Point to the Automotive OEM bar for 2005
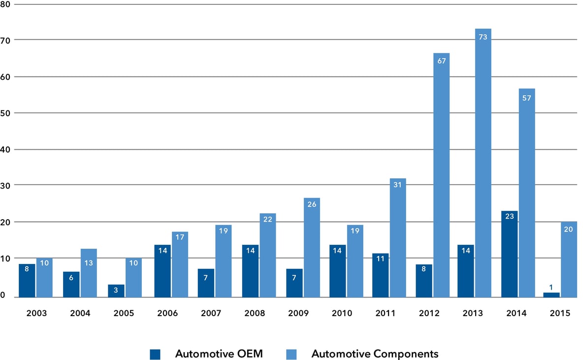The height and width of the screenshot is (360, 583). pos(116,291)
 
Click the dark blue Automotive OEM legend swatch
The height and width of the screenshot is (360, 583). pos(156,354)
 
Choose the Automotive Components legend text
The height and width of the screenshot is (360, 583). pos(375,354)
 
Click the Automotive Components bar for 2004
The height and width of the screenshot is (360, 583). pos(89,273)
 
